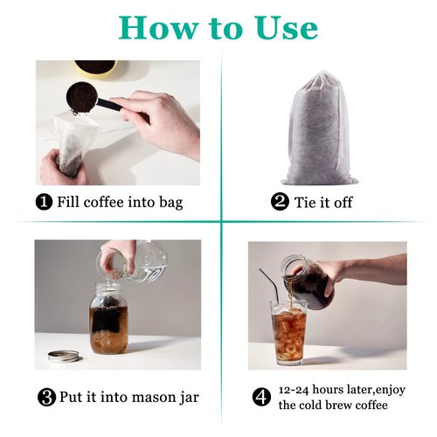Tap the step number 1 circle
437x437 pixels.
point(44,203)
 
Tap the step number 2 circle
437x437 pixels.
point(280,203)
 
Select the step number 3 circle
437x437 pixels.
point(46,398)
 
